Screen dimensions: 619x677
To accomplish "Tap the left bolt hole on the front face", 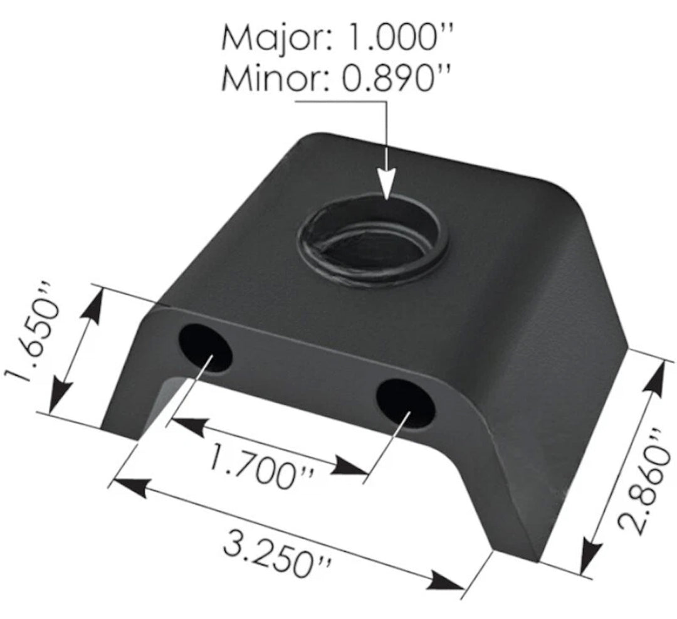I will [205, 348].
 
